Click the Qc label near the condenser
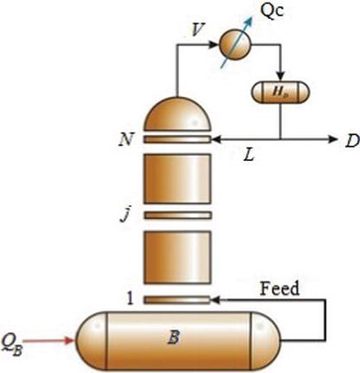tap(272, 11)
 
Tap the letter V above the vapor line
tap(197, 29)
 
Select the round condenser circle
tap(235, 44)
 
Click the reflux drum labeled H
tap(280, 93)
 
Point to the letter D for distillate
tap(352, 141)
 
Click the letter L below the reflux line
tap(249, 155)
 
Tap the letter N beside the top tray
tap(126, 140)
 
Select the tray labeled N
tap(177, 139)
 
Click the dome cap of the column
tap(177, 114)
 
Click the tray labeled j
tap(177, 215)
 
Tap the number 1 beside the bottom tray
tap(131, 299)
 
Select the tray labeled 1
tap(177, 300)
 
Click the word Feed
tap(280, 289)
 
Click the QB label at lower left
tap(12, 344)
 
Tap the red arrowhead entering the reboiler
tap(70, 340)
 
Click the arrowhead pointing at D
tap(332, 139)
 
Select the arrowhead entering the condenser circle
tap(214, 44)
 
